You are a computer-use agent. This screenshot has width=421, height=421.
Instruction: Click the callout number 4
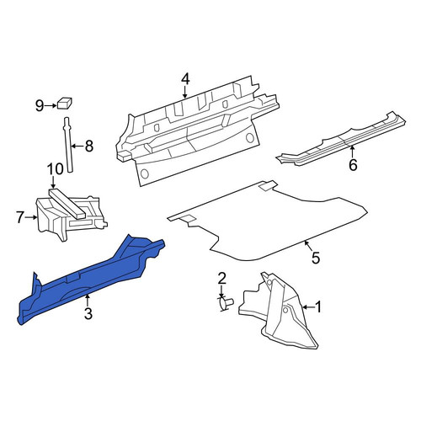185,79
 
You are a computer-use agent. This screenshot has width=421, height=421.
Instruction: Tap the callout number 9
40,106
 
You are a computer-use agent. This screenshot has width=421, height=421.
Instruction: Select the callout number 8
88,146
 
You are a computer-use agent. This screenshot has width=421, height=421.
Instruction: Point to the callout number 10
56,169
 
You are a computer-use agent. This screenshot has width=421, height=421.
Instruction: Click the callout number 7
19,217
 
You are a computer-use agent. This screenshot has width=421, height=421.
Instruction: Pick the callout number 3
88,313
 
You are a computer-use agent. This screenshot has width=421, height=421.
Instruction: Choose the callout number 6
353,165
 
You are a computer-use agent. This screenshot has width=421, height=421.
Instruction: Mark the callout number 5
316,258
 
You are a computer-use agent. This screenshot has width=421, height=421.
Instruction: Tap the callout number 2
221,278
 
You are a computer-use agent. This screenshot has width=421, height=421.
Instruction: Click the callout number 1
317,307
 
